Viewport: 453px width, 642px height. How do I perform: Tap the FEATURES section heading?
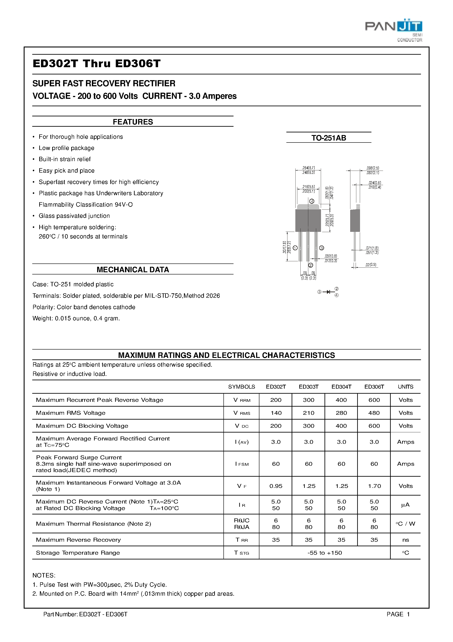(x=133, y=122)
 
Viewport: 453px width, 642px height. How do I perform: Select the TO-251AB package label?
(x=328, y=138)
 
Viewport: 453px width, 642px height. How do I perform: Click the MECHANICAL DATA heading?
(x=133, y=270)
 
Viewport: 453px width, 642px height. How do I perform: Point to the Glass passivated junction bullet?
(x=74, y=216)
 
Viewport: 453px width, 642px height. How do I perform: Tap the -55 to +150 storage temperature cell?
(x=325, y=553)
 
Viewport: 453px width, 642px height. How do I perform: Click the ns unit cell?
(x=405, y=540)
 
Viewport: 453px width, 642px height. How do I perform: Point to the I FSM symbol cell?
(x=242, y=464)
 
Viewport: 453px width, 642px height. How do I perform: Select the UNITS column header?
(x=405, y=387)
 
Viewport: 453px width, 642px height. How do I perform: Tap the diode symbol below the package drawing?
(x=328, y=292)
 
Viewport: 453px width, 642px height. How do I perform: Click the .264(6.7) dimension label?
(x=308, y=168)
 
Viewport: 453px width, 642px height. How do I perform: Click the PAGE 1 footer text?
(x=398, y=614)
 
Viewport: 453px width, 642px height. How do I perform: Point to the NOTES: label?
(x=44, y=575)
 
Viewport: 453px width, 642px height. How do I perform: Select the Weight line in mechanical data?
(x=76, y=319)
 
